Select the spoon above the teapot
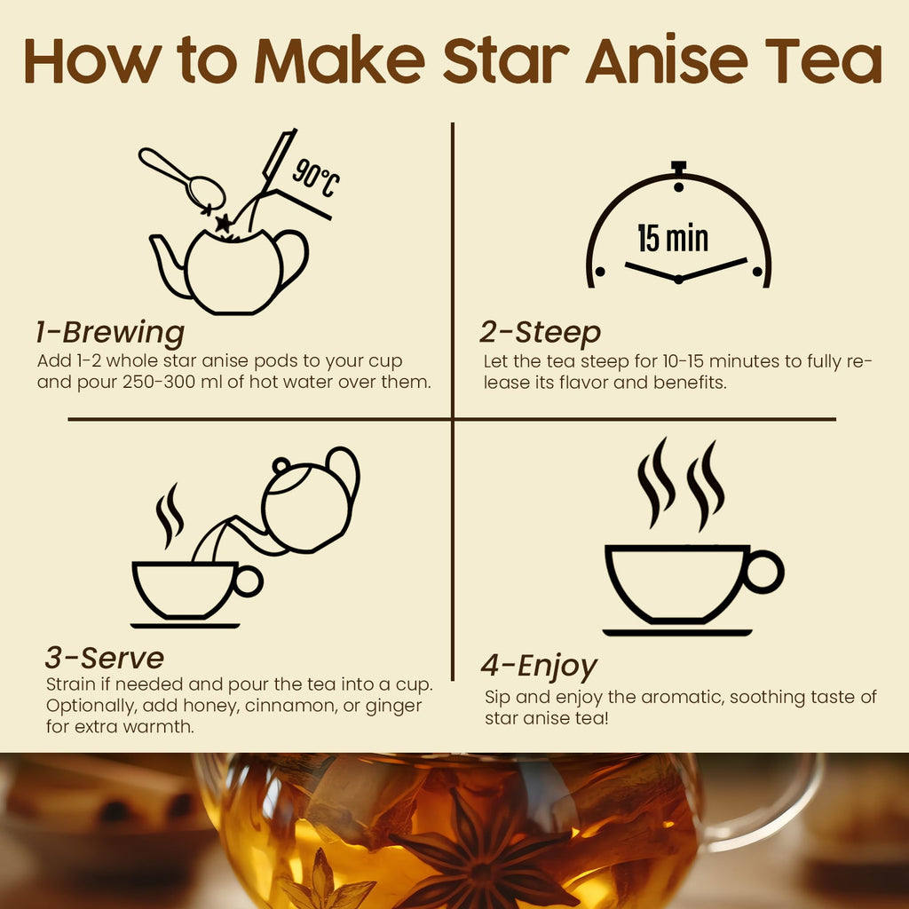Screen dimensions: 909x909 pos(182,178)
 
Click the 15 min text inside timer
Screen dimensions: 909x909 pos(673,238)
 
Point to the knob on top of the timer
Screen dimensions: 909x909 pos(679,167)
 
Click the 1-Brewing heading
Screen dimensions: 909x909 pos(110,333)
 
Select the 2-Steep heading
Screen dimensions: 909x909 pos(540,333)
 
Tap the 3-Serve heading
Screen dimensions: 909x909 pos(105,658)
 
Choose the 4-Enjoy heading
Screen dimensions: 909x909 pos(539,666)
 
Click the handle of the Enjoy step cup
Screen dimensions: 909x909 pos(763,572)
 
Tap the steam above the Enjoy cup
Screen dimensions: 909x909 pos(680,484)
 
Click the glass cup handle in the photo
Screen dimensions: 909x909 pos(781,799)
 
